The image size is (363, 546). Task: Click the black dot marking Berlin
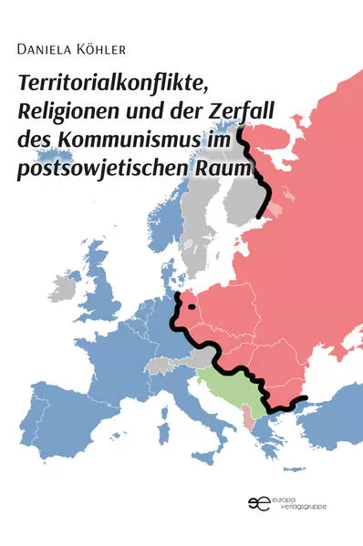(192, 307)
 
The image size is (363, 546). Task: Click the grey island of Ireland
(64, 288)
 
